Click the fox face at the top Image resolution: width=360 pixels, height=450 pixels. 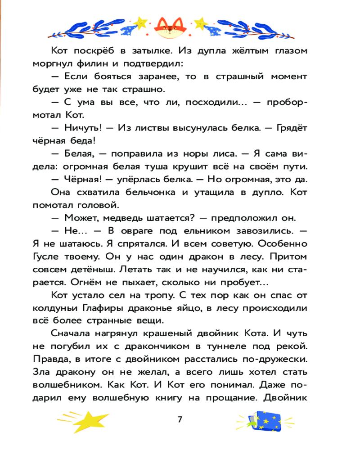(x=168, y=28)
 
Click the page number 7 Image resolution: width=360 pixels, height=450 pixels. (x=180, y=419)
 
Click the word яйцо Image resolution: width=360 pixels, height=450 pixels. (x=187, y=309)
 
